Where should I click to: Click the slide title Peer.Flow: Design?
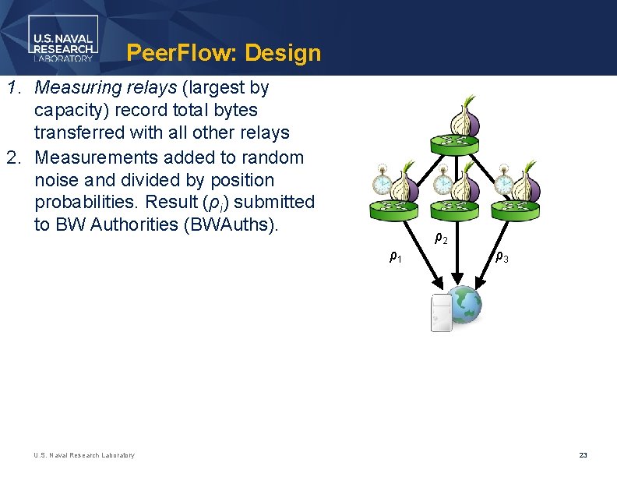[223, 53]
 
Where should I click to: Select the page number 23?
[583, 455]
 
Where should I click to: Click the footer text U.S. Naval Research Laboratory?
[84, 455]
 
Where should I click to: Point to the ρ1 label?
[396, 256]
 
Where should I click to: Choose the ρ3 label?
[502, 256]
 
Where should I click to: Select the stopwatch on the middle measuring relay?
[442, 181]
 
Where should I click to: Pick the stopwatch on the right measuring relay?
[504, 181]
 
